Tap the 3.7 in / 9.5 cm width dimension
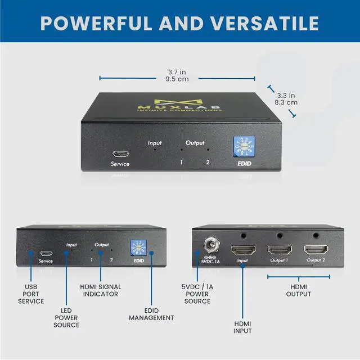coord(178,75)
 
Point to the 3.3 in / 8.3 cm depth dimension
coord(286,99)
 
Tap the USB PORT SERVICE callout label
coord(31,293)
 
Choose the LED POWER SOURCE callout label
coord(66,317)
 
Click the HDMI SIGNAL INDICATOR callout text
coord(101,290)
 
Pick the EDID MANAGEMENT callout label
coord(151,314)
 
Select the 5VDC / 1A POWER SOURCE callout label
coord(197,293)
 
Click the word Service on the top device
coord(120,164)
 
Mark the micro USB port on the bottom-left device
coord(46,253)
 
